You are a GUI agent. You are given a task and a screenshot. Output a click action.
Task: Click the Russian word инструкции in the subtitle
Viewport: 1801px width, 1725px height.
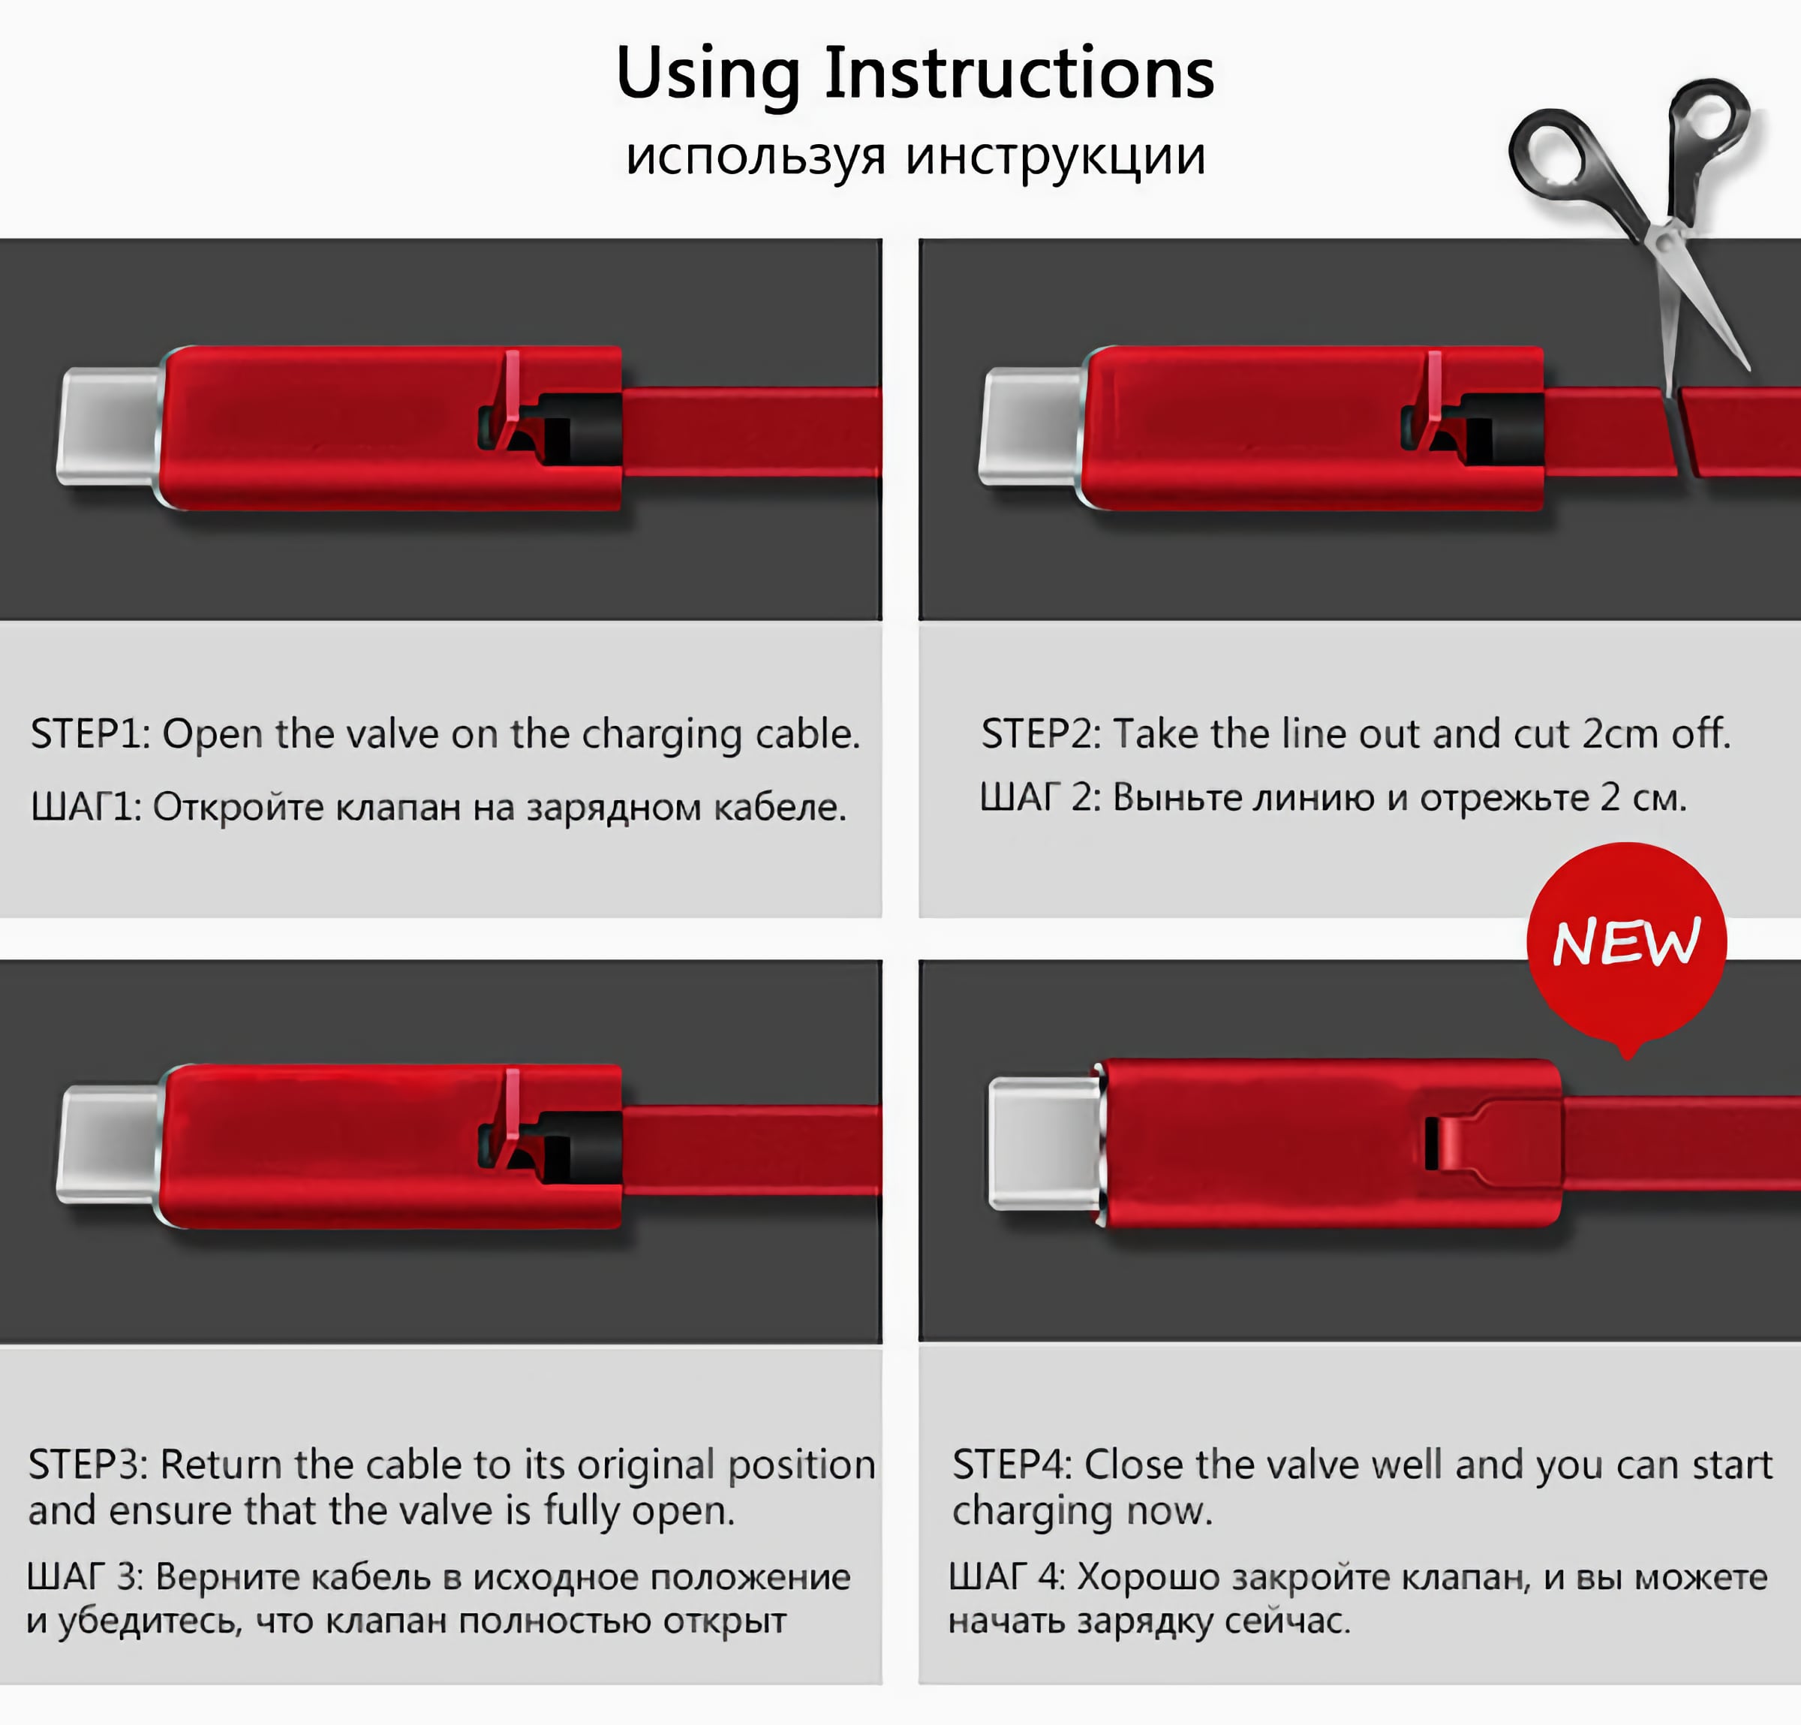point(1056,157)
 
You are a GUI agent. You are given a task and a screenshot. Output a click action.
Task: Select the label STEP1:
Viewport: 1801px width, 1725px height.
point(90,734)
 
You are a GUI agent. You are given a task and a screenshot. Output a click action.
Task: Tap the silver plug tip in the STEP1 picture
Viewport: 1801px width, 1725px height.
point(108,426)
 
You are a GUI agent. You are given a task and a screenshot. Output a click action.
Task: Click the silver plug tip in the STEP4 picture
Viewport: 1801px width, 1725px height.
point(1045,1143)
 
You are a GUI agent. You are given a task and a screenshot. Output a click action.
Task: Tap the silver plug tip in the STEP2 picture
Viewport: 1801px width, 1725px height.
point(1031,426)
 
